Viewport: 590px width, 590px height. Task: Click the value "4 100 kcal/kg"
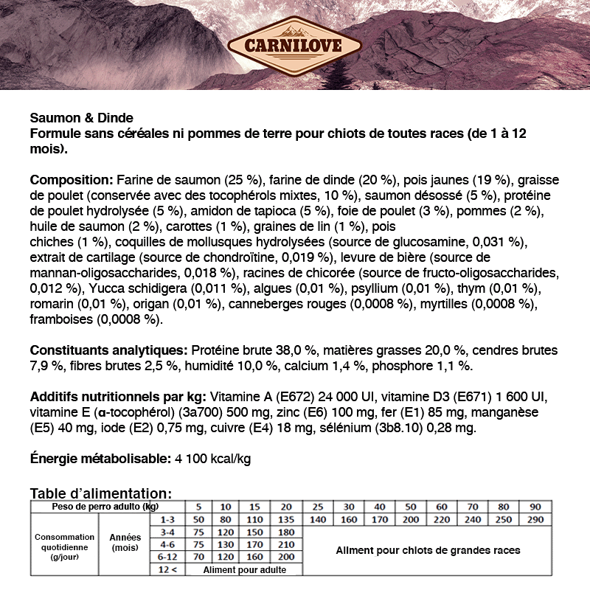pos(213,459)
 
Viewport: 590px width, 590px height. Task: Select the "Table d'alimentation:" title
pos(101,493)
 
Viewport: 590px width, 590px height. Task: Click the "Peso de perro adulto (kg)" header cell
pos(105,507)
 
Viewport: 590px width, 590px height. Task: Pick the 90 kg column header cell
pos(535,507)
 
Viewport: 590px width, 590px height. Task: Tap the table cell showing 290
pos(535,520)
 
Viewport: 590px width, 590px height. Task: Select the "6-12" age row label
pos(167,557)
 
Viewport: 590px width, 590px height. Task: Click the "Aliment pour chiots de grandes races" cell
pos(428,550)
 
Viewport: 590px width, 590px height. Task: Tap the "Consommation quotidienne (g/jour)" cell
pos(65,547)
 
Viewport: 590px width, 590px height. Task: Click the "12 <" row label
pos(167,569)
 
